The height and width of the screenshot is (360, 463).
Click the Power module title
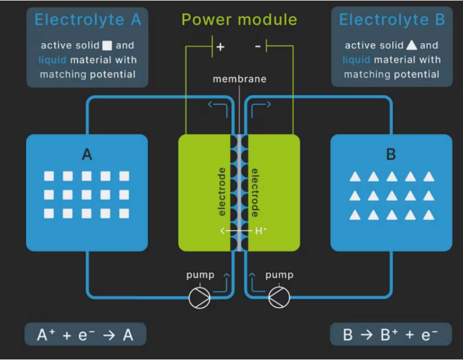239,20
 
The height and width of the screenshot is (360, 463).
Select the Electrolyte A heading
88,20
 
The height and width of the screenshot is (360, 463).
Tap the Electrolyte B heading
392,20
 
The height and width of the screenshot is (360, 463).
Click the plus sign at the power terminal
221,47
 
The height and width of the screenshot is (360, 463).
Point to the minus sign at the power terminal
257,46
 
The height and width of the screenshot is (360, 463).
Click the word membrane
240,79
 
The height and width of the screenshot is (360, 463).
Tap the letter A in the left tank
87,154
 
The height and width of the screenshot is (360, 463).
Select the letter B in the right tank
391,154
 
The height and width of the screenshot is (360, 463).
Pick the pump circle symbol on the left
199,297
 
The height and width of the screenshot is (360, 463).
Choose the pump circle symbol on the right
279,297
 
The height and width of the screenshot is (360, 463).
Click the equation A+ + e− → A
85,335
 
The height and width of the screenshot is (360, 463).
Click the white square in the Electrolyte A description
107,45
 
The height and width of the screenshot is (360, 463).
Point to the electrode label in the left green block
222,192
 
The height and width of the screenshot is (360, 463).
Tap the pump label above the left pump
200,275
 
